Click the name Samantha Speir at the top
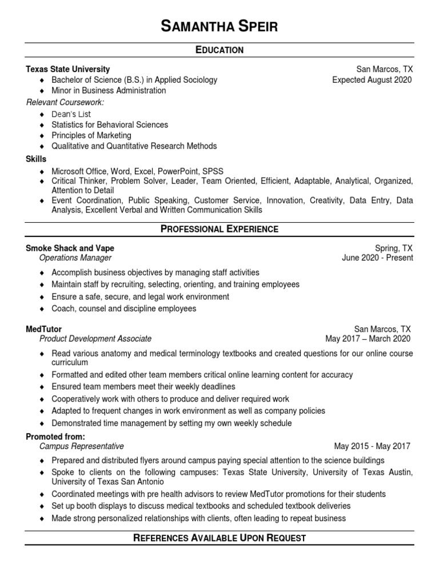tap(219, 26)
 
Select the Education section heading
tap(219, 50)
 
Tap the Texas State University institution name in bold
tap(68, 69)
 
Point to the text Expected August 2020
tap(372, 80)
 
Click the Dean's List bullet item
tap(71, 114)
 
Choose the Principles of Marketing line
tap(91, 135)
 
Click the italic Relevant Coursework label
tap(65, 102)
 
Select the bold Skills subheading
tap(36, 159)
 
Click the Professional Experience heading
tap(219, 229)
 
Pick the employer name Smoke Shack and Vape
tap(70, 248)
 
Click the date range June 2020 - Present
tap(377, 258)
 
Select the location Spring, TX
tap(393, 248)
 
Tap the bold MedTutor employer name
tap(44, 329)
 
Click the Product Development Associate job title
tap(95, 339)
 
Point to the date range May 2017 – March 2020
tap(368, 339)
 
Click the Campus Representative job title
tap(81, 446)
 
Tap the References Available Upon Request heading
tap(219, 538)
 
